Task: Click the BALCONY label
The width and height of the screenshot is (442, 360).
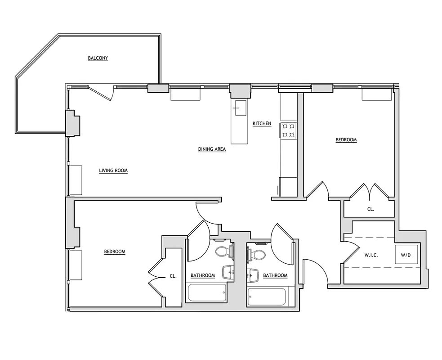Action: coord(98,58)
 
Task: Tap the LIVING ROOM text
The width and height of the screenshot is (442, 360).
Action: coord(113,171)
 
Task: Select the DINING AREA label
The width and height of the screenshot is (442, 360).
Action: coord(212,149)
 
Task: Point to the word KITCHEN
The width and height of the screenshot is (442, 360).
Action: coord(262,123)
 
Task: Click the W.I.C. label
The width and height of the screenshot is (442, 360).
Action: coord(371,255)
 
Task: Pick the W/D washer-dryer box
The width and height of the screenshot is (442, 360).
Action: coord(406,255)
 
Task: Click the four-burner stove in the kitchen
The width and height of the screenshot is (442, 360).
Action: coord(288,130)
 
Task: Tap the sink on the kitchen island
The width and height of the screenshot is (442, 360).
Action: coord(238,107)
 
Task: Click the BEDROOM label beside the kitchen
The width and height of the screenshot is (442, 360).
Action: coord(346,139)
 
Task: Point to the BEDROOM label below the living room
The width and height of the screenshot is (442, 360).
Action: coord(115,252)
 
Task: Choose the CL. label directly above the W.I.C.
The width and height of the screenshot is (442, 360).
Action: coord(371,209)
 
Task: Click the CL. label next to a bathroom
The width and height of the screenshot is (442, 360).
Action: coord(173,276)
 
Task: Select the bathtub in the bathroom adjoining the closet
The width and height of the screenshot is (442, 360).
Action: coord(206,293)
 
